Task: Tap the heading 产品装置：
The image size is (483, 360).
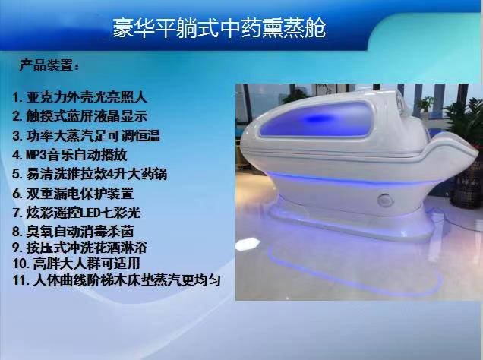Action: coord(49,66)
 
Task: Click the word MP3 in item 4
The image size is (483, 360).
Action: coord(35,154)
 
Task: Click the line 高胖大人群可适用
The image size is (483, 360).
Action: coord(84,264)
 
